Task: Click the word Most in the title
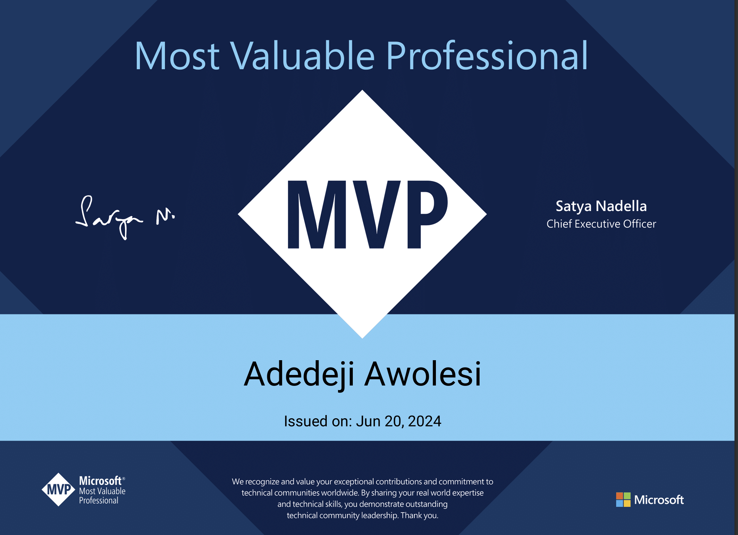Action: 177,56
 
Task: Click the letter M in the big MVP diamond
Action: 317,215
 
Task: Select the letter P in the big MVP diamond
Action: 427,215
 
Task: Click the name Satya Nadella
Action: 601,206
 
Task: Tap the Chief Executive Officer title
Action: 601,224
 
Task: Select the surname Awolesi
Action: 423,374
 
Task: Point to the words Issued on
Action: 318,421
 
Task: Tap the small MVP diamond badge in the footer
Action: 58,489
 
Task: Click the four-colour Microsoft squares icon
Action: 623,499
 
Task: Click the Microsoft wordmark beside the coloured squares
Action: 659,500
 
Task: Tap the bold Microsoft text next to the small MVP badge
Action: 100,481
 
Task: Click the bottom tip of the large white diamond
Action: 362,338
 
